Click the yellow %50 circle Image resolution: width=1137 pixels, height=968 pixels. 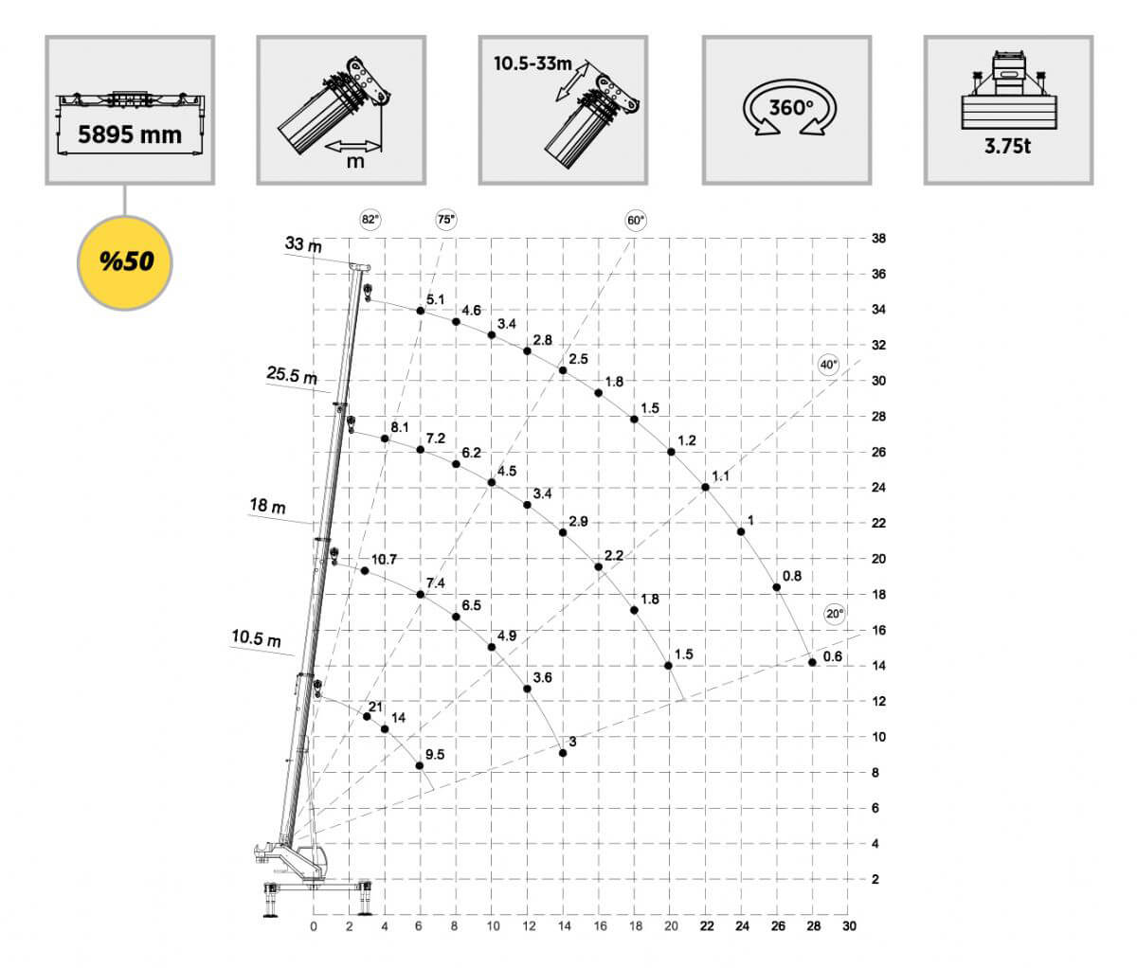(x=124, y=263)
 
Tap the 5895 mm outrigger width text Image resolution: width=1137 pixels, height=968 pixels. (x=130, y=135)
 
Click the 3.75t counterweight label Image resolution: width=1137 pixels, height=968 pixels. (x=1008, y=147)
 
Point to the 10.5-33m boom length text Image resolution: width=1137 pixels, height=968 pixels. (x=532, y=63)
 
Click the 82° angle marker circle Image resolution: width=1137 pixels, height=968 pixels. (x=370, y=220)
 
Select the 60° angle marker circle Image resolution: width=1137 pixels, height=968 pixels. (x=636, y=221)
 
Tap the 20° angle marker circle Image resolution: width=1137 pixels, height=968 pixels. (x=835, y=614)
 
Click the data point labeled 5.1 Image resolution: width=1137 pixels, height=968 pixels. (x=421, y=311)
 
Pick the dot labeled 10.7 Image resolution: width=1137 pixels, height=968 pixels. (x=365, y=571)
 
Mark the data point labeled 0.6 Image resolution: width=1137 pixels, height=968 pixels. (x=812, y=663)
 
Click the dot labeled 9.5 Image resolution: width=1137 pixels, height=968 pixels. (x=420, y=765)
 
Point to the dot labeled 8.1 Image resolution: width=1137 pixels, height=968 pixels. (x=385, y=439)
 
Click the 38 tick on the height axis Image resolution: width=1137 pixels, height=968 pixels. (x=878, y=239)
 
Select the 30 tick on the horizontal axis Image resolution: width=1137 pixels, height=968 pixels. (x=849, y=926)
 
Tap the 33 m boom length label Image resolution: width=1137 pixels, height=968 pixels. (x=303, y=244)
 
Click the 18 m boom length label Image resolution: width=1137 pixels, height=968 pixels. (x=268, y=506)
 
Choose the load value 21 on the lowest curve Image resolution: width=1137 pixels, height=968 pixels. (x=376, y=707)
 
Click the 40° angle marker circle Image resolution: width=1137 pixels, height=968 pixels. (x=828, y=365)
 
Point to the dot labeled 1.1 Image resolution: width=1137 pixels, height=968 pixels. (x=706, y=487)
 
